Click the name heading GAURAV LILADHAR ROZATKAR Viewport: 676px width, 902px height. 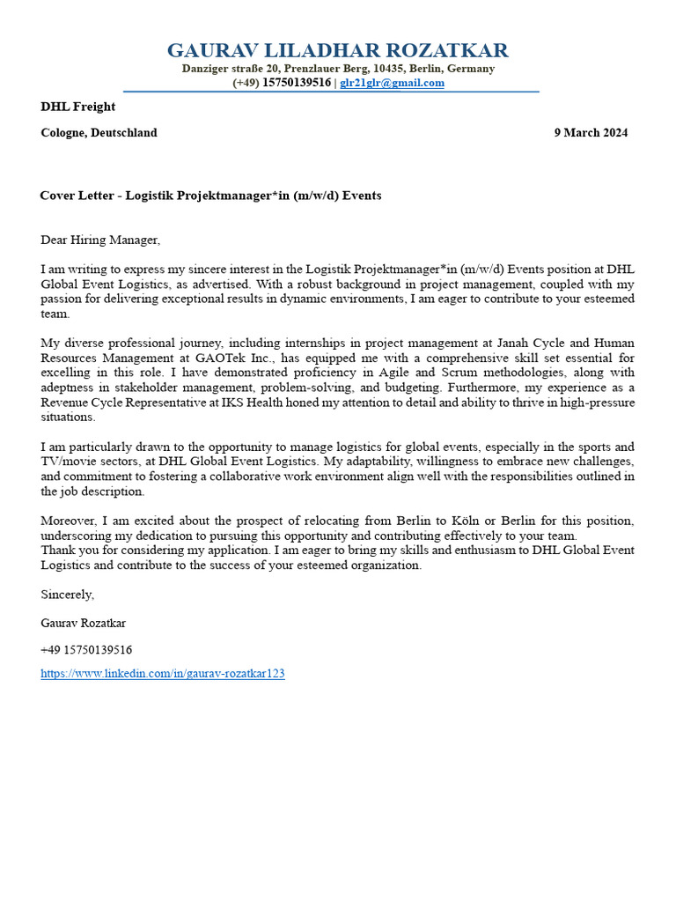[338, 50]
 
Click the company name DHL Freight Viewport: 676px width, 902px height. [77, 107]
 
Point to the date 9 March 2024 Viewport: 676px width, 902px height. [591, 133]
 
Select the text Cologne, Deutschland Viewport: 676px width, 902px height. [99, 133]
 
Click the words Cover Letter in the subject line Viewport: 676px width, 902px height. [77, 196]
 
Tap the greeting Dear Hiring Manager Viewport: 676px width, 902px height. [100, 240]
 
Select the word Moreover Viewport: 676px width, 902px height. [68, 521]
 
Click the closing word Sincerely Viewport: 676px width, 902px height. [67, 595]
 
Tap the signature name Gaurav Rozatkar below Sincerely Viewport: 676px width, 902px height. [83, 623]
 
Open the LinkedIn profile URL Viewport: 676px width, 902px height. [162, 674]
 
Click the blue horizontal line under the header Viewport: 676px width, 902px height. [331, 92]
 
